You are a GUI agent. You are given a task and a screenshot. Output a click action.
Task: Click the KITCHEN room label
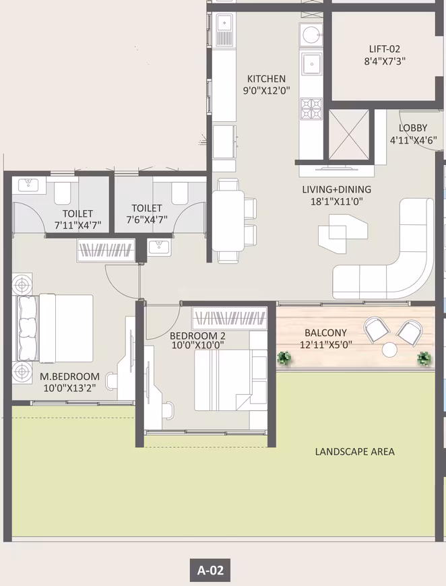click(266, 79)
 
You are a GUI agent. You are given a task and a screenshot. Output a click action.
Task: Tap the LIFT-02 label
click(385, 49)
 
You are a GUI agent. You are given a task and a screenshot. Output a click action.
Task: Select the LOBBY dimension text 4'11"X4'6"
click(414, 140)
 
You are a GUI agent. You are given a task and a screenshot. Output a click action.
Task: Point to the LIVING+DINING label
click(336, 189)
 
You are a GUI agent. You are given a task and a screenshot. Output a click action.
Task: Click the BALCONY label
click(325, 333)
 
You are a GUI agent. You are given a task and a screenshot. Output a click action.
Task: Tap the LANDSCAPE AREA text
click(355, 452)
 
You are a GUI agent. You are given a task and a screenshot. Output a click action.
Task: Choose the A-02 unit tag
click(210, 571)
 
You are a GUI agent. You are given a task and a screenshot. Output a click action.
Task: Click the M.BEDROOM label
click(70, 377)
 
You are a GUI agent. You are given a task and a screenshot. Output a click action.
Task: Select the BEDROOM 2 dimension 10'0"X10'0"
click(198, 345)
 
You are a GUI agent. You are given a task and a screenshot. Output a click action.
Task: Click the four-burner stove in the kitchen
click(311, 108)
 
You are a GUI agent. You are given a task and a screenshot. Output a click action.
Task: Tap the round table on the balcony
click(389, 350)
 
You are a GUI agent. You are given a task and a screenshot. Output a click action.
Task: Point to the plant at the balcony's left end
click(285, 358)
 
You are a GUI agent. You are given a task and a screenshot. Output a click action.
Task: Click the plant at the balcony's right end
click(424, 359)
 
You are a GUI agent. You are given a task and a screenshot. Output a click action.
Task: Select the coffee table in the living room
click(342, 233)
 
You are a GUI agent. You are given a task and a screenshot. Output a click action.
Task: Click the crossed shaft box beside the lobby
click(349, 135)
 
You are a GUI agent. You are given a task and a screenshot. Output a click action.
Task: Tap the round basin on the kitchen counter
click(311, 35)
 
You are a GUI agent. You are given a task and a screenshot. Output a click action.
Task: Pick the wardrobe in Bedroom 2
click(230, 318)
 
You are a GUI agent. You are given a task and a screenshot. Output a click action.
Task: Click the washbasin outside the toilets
click(159, 247)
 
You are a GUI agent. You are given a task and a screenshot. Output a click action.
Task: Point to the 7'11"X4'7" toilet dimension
click(77, 226)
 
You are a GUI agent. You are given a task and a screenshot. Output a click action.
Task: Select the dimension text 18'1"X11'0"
click(336, 202)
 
